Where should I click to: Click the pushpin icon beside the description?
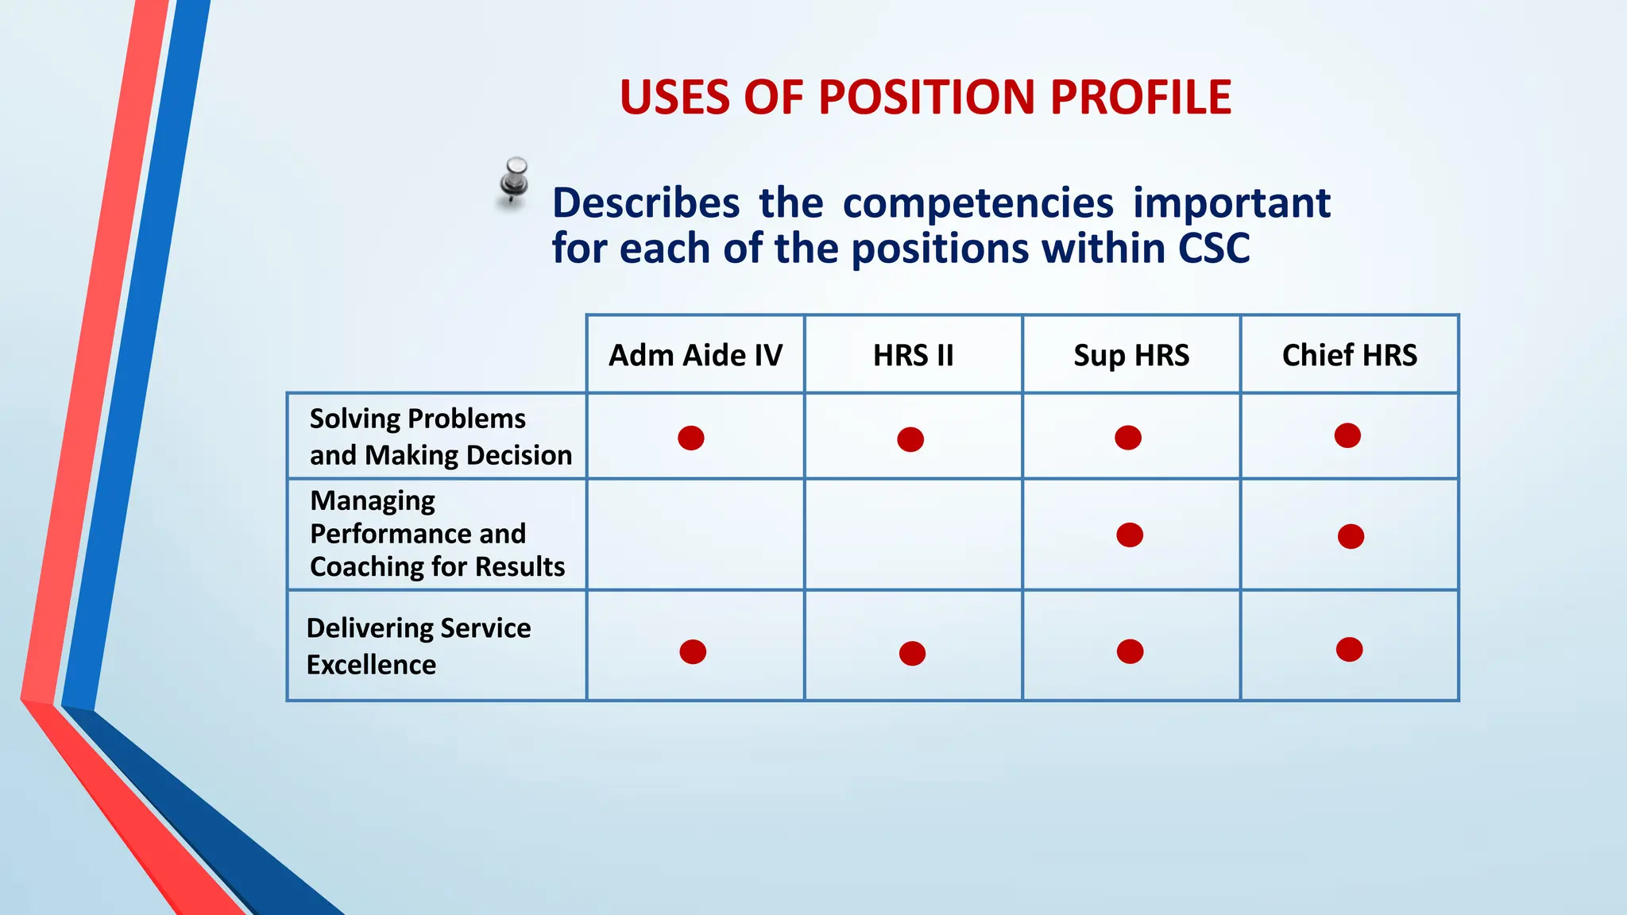[x=515, y=181]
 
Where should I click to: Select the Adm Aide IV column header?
[x=695, y=355]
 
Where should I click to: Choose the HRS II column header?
[x=913, y=355]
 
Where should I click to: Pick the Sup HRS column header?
[x=1131, y=355]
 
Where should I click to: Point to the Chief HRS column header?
[x=1349, y=355]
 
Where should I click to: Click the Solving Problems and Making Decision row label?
[x=440, y=437]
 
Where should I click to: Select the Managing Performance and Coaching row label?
[x=437, y=534]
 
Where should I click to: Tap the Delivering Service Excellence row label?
[x=419, y=646]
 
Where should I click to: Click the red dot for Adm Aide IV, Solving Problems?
[x=691, y=438]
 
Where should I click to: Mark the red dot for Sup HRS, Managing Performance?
[x=1129, y=535]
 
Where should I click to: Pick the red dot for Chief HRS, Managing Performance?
[x=1351, y=536]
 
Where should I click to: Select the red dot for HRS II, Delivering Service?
[x=912, y=653]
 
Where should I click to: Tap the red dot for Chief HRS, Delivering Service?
[x=1349, y=650]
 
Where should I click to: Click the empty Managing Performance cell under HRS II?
[x=913, y=535]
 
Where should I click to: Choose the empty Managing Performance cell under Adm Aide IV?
[x=695, y=535]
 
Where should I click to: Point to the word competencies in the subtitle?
[x=977, y=203]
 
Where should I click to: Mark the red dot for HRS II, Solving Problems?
[x=910, y=439]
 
